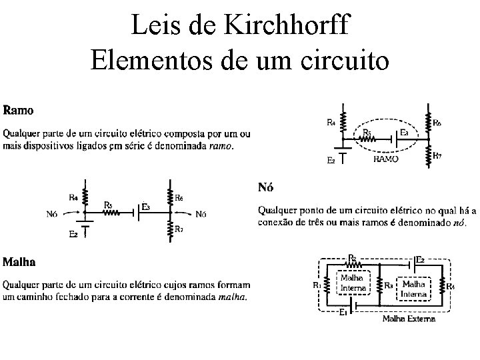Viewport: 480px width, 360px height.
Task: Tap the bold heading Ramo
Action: click(19, 109)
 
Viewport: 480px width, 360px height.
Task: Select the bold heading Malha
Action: click(20, 261)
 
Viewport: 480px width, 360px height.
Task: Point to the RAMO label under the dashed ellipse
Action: click(387, 160)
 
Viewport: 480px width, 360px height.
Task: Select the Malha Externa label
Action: click(409, 319)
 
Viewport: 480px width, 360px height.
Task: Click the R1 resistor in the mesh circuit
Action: click(325, 285)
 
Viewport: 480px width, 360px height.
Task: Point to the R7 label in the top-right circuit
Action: click(437, 155)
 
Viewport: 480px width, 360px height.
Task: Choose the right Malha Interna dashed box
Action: click(414, 287)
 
